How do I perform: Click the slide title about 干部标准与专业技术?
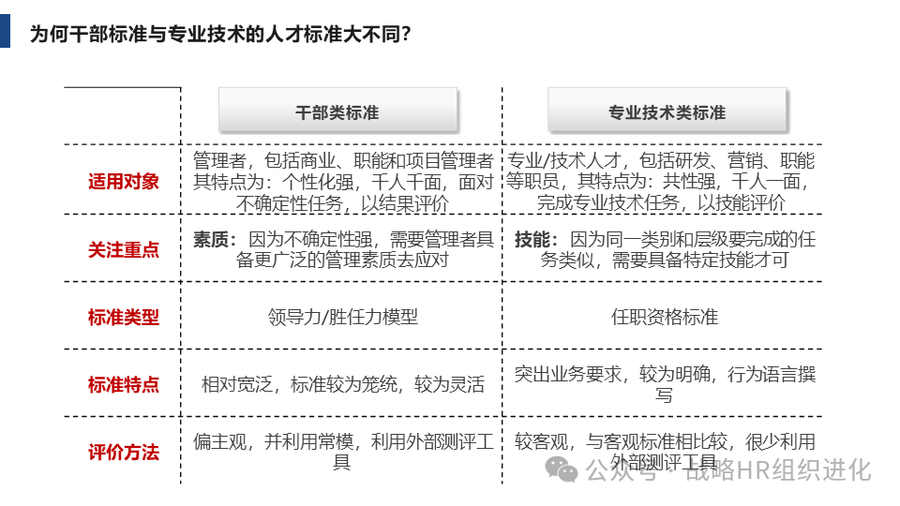220,35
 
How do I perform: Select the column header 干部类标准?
337,112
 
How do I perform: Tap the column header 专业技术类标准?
667,112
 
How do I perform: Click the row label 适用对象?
124,182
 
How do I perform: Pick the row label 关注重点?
124,250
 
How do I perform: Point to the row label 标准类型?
124,318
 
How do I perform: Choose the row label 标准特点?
124,385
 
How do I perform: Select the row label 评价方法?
124,453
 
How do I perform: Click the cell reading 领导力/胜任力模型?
343,317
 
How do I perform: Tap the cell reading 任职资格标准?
665,317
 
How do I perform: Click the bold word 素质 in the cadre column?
211,240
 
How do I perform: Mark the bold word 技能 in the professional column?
532,240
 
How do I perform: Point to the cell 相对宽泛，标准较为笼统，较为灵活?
343,384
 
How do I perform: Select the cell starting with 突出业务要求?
665,384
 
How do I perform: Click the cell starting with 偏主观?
343,452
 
